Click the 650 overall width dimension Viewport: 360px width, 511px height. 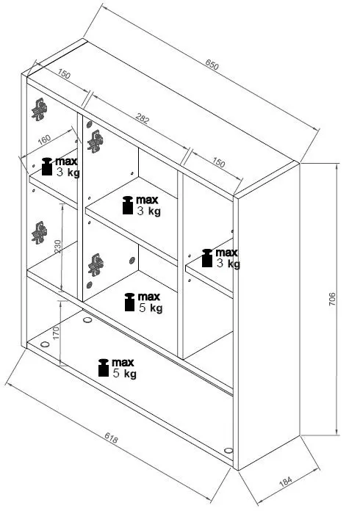(x=212, y=65)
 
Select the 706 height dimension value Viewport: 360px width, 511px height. (x=332, y=299)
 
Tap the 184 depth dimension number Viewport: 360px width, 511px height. (x=285, y=482)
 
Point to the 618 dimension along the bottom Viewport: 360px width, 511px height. (x=111, y=438)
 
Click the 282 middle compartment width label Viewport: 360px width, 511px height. (x=143, y=119)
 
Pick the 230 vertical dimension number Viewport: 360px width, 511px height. (x=58, y=246)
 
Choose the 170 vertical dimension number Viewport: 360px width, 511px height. (x=56, y=333)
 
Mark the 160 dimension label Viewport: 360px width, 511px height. (x=44, y=139)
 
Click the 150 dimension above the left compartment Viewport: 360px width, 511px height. (x=64, y=74)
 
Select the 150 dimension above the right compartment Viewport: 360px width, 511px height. (x=218, y=162)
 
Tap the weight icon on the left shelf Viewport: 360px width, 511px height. (x=47, y=167)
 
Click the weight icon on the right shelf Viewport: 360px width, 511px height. (x=207, y=258)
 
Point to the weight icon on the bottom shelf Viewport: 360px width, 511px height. (x=104, y=368)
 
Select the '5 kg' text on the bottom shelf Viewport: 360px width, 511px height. (x=125, y=374)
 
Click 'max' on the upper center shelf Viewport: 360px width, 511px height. (x=147, y=200)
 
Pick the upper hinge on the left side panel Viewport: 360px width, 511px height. (x=40, y=109)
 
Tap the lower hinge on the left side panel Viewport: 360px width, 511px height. (x=40, y=233)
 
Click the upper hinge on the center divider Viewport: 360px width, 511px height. (x=96, y=142)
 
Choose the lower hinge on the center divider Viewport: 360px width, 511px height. (x=96, y=265)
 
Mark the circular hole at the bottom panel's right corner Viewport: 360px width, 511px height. (x=228, y=450)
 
